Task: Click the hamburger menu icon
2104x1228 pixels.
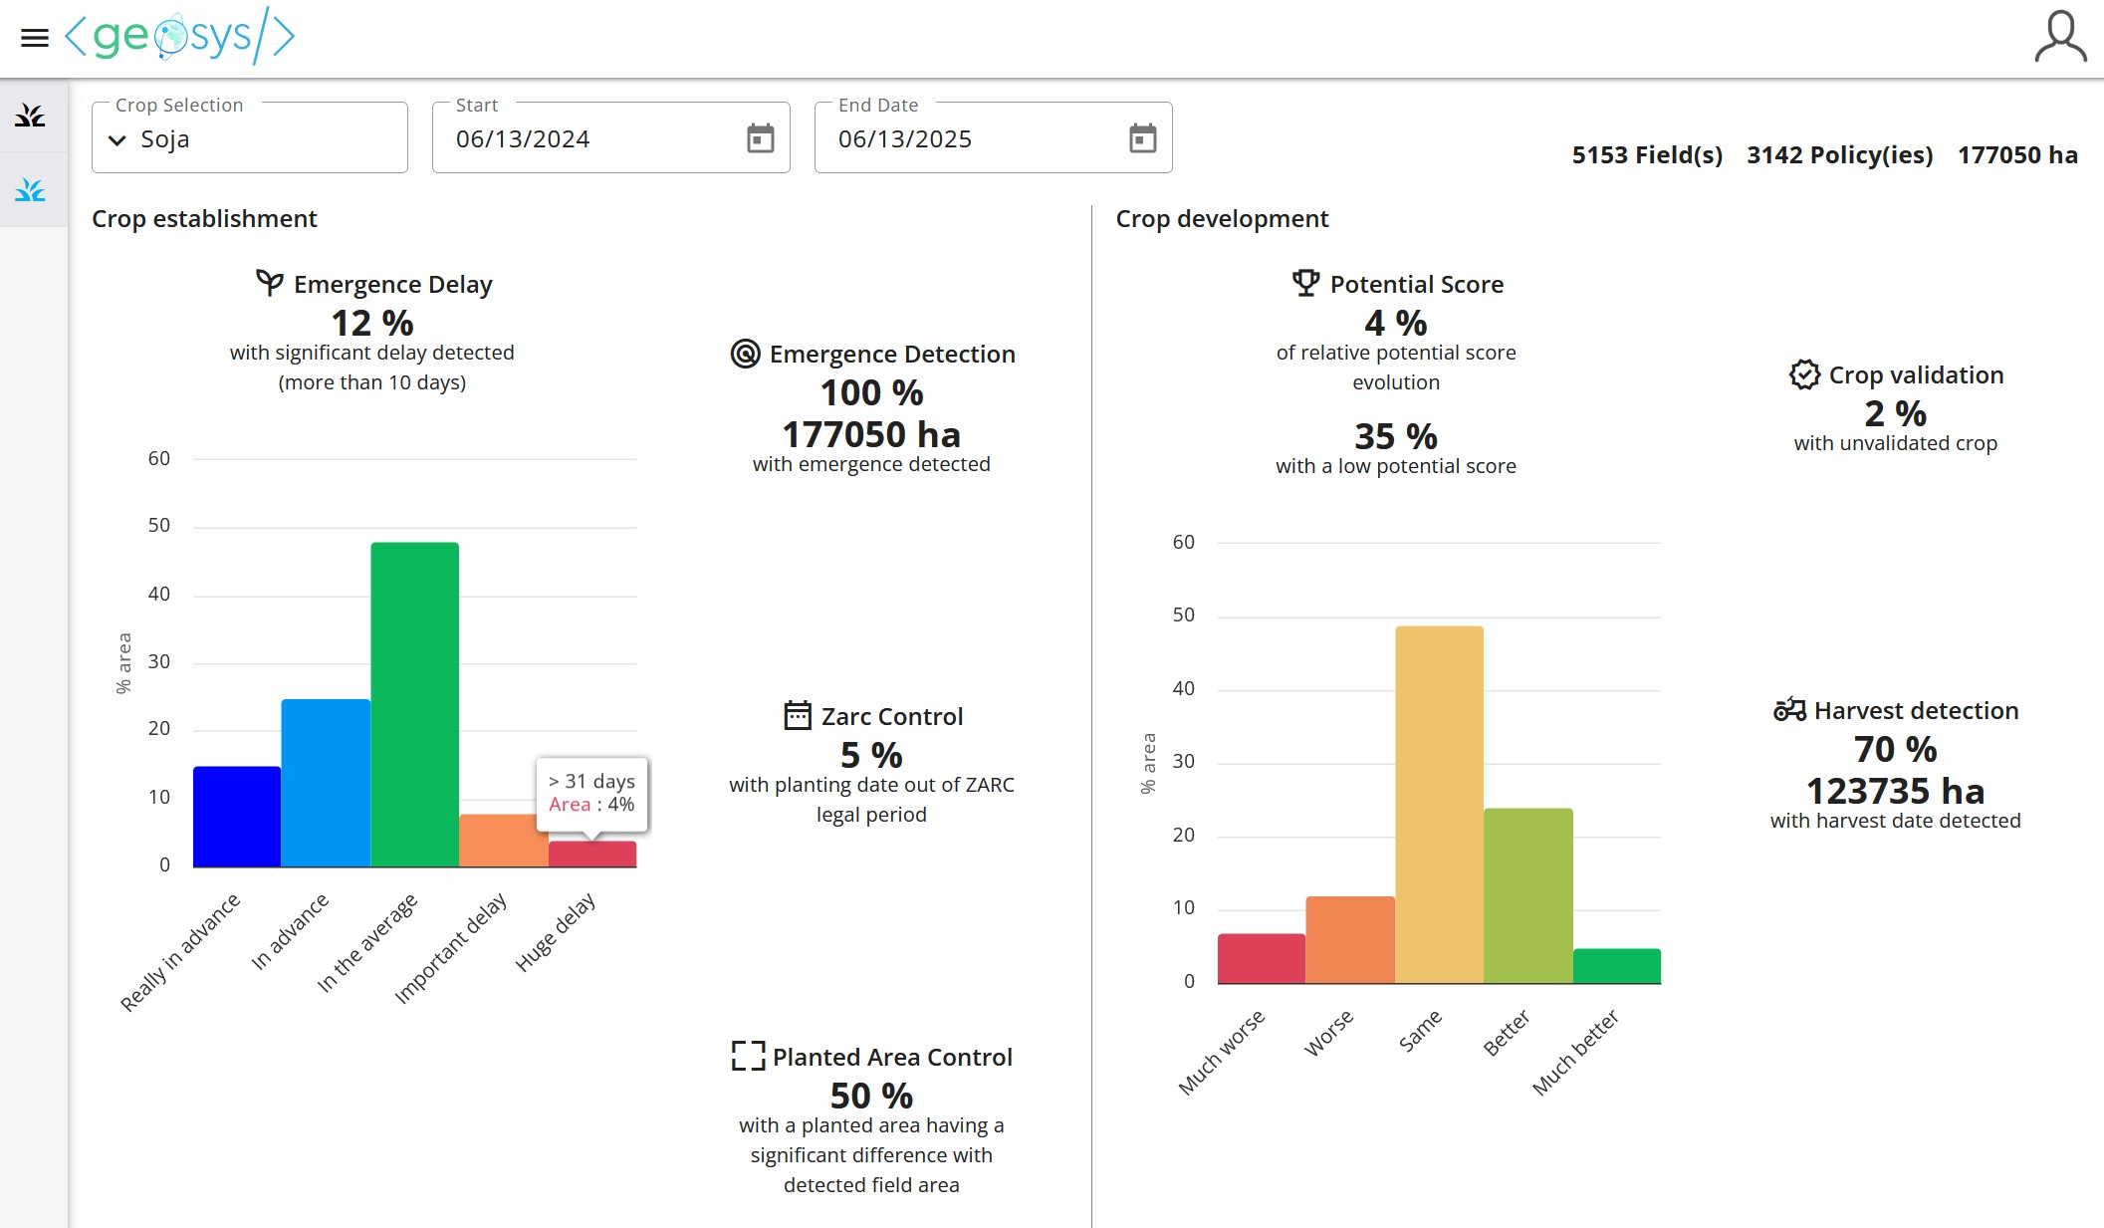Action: click(35, 38)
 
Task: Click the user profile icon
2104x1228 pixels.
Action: click(2059, 37)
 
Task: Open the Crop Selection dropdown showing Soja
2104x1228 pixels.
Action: click(249, 138)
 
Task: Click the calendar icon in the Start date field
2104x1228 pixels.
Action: click(760, 138)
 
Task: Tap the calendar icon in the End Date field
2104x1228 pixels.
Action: click(1142, 138)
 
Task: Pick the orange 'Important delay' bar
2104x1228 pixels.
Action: click(503, 841)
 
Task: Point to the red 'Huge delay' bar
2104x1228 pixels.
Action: click(592, 854)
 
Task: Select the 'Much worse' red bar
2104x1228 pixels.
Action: click(1261, 958)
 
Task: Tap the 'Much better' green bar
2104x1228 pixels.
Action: click(1616, 965)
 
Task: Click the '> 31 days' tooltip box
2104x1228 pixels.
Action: click(591, 793)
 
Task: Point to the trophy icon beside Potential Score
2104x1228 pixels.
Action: click(1305, 284)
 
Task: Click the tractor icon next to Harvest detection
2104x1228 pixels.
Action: click(1789, 710)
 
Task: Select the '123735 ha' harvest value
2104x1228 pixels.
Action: click(1895, 791)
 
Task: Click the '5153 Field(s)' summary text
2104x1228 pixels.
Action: click(1646, 155)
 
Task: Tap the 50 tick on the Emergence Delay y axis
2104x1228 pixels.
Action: click(159, 526)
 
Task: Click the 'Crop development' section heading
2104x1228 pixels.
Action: click(1222, 219)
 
